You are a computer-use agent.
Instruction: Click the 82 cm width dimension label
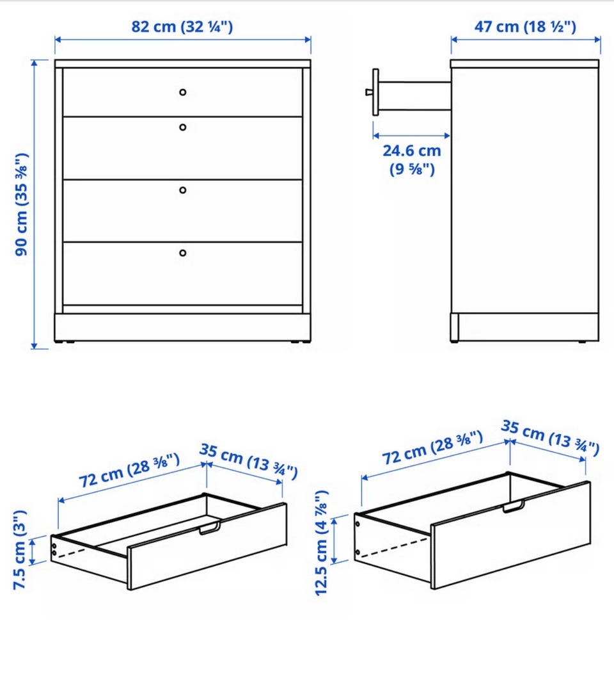[182, 27]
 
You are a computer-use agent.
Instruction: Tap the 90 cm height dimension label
[22, 204]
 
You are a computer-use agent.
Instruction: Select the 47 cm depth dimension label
[525, 27]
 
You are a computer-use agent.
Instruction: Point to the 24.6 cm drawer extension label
[412, 159]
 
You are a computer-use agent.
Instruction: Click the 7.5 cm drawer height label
[20, 549]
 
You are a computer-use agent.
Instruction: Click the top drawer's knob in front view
[183, 92]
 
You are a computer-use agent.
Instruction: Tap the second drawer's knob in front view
[183, 127]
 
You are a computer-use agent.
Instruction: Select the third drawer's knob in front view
[183, 190]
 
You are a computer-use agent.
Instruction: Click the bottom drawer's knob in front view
[183, 253]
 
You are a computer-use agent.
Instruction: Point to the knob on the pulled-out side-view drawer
[369, 92]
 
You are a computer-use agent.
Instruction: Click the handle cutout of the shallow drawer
[210, 528]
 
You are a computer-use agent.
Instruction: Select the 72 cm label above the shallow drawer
[130, 471]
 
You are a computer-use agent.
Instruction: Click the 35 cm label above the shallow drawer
[249, 461]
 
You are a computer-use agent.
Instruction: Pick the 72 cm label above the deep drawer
[433, 448]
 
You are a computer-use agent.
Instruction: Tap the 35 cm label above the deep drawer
[550, 438]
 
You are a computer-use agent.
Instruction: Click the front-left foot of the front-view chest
[70, 342]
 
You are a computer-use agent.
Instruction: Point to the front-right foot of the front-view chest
[296, 342]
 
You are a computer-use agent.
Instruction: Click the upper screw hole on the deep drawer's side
[358, 524]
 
